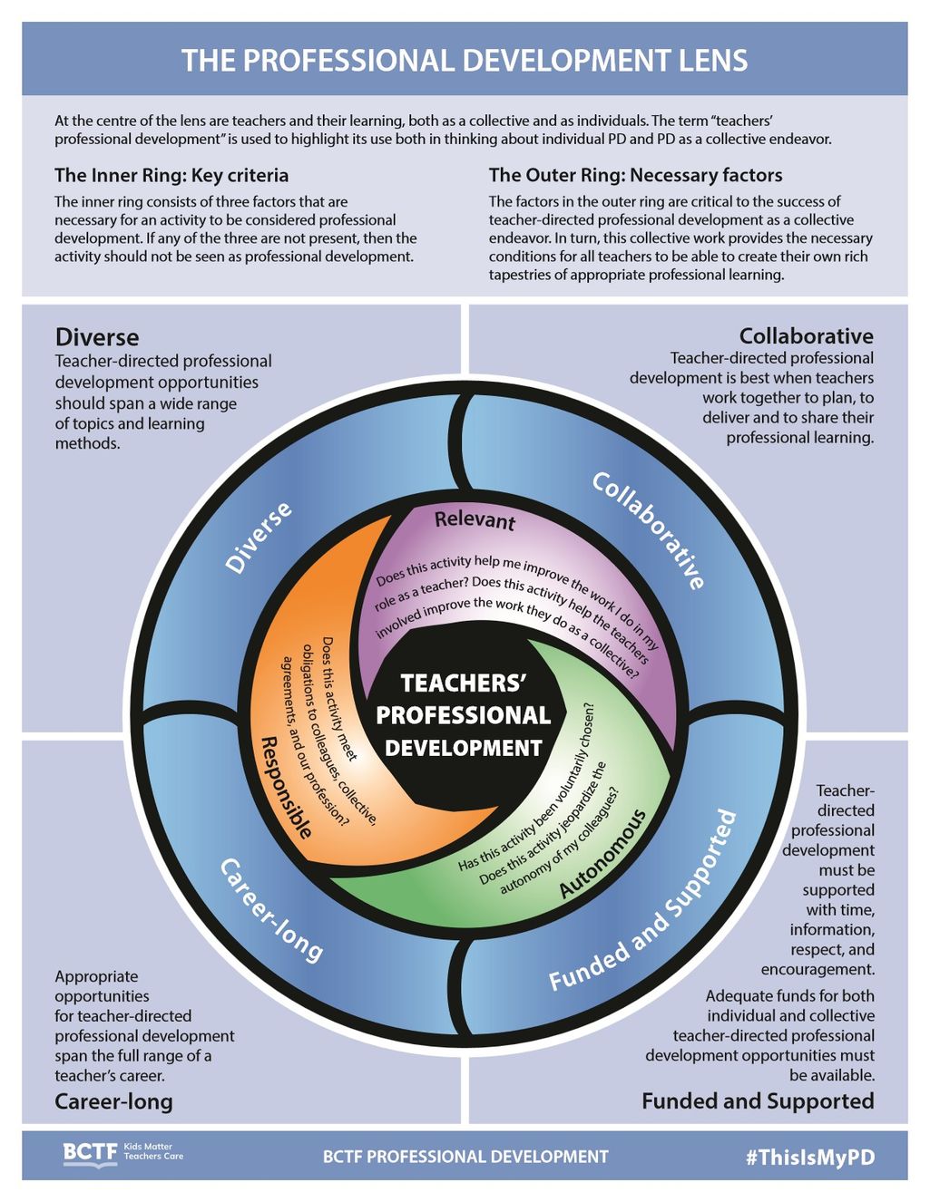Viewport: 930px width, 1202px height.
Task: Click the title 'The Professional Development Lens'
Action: (465, 61)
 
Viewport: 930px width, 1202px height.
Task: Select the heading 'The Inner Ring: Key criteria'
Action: (171, 175)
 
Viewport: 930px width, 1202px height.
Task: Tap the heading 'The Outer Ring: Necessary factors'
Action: (635, 175)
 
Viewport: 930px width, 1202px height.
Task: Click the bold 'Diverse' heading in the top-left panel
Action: (97, 337)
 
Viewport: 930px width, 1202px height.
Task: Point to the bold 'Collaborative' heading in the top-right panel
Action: (806, 336)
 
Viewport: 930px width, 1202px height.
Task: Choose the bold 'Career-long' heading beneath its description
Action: (113, 1101)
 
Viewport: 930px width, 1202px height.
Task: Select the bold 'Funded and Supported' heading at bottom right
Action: (758, 1100)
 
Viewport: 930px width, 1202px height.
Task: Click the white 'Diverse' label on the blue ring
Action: (259, 537)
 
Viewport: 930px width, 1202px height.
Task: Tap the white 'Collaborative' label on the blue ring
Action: (649, 529)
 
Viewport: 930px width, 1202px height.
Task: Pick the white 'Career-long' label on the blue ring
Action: (270, 910)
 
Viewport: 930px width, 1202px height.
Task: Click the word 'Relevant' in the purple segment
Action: (475, 520)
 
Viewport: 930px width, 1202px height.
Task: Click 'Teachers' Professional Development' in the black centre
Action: (464, 715)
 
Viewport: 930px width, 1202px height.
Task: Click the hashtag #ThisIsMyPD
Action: (810, 1157)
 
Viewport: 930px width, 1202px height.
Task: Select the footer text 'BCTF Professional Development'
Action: (465, 1157)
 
